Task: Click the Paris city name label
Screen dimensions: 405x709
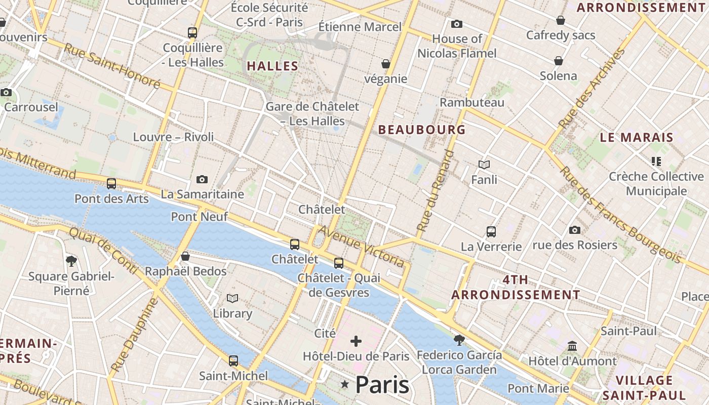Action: (x=382, y=385)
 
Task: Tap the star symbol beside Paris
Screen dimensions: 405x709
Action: (x=345, y=385)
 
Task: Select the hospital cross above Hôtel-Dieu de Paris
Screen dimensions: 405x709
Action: (x=356, y=341)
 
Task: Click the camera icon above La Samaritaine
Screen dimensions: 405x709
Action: (x=202, y=180)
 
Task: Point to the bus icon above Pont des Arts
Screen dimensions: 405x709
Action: (x=111, y=184)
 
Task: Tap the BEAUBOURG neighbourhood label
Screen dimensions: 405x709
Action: (x=422, y=130)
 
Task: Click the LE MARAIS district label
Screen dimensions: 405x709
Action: (x=637, y=137)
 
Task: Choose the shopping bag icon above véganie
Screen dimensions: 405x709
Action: (x=386, y=64)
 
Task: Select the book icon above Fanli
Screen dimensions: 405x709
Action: (x=484, y=165)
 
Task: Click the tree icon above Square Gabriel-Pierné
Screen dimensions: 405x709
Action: (x=71, y=261)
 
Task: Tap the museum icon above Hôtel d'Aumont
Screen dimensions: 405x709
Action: (x=572, y=346)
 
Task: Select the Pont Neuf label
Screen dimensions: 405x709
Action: (x=199, y=217)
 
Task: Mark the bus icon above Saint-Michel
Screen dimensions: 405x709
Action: (x=233, y=361)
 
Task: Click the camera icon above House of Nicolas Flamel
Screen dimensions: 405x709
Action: (x=457, y=24)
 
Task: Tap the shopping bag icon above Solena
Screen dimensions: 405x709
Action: (x=559, y=61)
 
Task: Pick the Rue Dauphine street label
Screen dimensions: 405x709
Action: (x=131, y=334)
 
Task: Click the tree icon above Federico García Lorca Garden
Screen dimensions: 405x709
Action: (x=459, y=340)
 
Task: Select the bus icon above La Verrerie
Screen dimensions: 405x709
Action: (x=491, y=232)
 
